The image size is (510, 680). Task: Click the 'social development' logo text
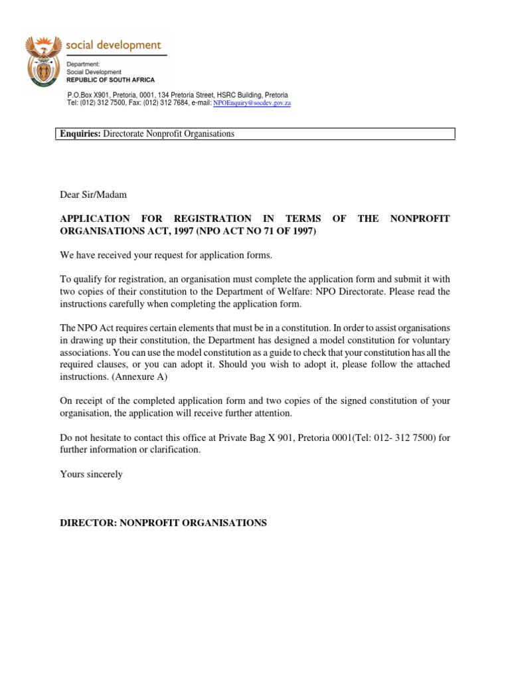pos(113,45)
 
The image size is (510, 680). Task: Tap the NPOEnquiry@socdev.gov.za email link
pos(252,104)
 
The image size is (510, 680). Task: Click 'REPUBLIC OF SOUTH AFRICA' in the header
pos(110,80)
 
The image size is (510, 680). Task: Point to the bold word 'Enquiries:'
pos(80,133)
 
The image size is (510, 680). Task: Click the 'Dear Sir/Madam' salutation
pos(92,195)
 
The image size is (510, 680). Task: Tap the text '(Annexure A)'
pos(148,377)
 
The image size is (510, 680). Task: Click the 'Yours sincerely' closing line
pos(92,474)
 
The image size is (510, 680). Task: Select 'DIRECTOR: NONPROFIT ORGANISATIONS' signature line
pos(163,523)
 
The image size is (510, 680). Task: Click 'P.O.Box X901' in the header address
pos(90,96)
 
